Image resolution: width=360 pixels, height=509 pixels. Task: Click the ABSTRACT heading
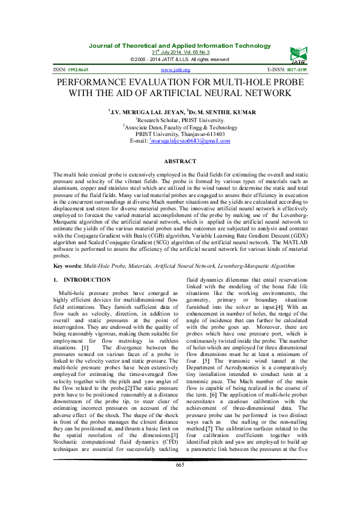(180, 161)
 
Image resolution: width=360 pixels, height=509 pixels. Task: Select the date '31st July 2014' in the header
(159, 53)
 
